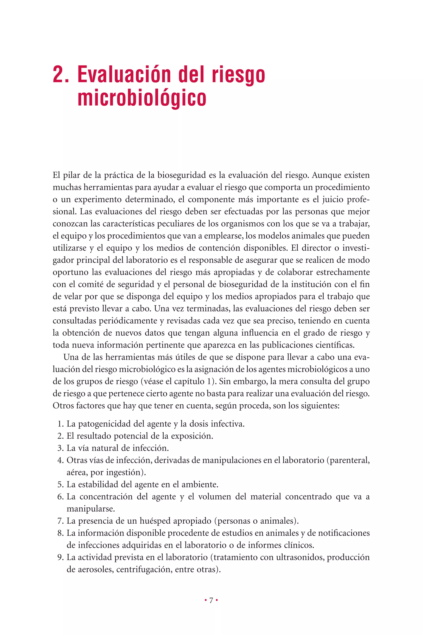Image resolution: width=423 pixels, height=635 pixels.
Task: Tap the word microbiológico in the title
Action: point(142,98)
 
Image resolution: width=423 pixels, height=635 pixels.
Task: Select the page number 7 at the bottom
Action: point(211,600)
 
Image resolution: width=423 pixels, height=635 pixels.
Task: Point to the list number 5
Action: point(60,484)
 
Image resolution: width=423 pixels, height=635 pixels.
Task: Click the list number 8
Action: point(60,533)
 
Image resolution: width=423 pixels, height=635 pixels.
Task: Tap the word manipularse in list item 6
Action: point(91,509)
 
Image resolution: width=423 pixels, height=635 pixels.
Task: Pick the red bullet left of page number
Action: point(206,600)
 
